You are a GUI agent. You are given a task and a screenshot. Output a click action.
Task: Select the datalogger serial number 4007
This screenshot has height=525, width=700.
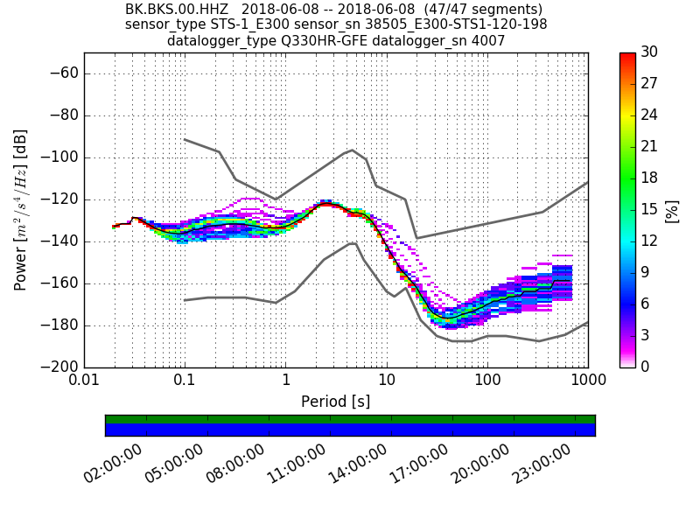pos(489,40)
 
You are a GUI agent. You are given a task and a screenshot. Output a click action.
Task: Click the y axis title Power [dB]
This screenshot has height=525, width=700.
pos(21,210)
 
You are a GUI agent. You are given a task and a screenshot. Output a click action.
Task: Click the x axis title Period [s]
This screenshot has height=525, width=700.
pos(335,402)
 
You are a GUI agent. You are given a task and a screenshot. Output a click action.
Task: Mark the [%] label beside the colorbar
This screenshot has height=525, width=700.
pos(672,210)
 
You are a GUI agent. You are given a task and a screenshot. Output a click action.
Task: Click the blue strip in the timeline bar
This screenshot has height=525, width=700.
pos(350,430)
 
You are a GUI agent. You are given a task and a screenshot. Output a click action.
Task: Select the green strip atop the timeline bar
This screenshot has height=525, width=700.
pos(350,419)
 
